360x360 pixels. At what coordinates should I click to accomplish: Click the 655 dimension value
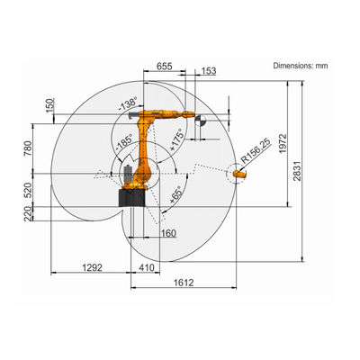click(x=165, y=67)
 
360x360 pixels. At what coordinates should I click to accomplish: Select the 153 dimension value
click(x=209, y=71)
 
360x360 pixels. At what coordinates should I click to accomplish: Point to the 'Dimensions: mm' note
click(x=301, y=66)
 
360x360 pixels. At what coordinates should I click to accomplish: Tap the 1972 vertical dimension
click(x=283, y=144)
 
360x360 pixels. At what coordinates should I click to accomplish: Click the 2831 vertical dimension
click(x=297, y=171)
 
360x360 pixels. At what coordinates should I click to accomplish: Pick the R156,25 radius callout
click(x=256, y=151)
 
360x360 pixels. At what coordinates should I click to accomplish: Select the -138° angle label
click(x=128, y=103)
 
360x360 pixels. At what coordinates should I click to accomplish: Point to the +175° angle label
click(x=176, y=139)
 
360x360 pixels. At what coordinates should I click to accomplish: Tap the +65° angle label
click(x=175, y=195)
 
